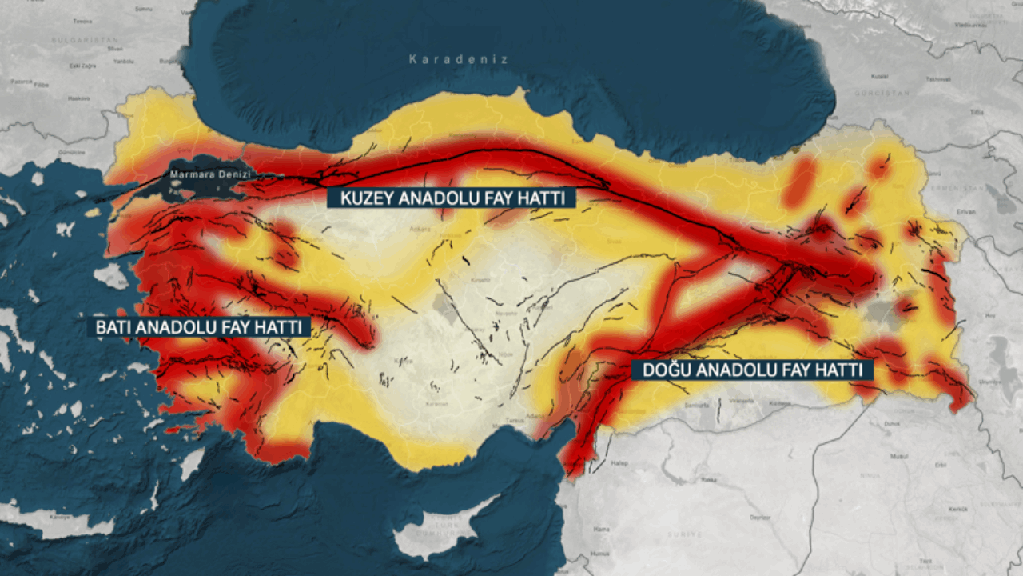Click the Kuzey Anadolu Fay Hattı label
point(451,198)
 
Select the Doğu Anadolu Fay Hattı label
point(752,370)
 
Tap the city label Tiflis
point(976,112)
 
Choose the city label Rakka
point(708,480)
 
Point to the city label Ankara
point(420,228)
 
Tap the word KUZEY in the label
point(364,198)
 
